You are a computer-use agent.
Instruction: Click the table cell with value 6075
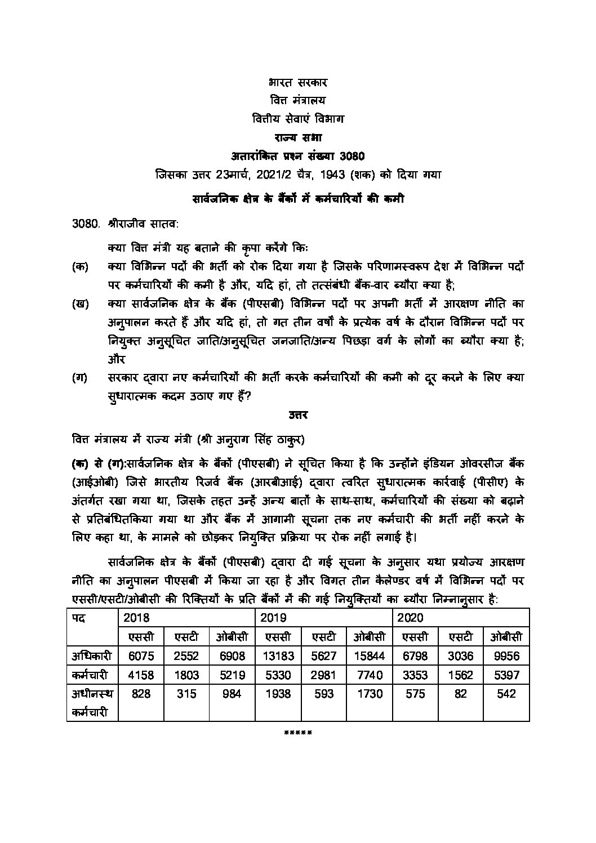141,655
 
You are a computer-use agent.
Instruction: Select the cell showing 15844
370,655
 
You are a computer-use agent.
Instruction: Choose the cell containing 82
461,694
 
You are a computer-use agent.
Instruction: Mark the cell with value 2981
323,675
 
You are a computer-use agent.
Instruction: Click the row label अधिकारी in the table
92,655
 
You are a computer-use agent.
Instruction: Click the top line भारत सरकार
298,83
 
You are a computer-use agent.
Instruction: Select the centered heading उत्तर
298,415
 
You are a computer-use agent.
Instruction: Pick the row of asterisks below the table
298,733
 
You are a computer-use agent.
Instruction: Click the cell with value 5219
232,675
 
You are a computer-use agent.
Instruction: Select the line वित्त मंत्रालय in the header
298,101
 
